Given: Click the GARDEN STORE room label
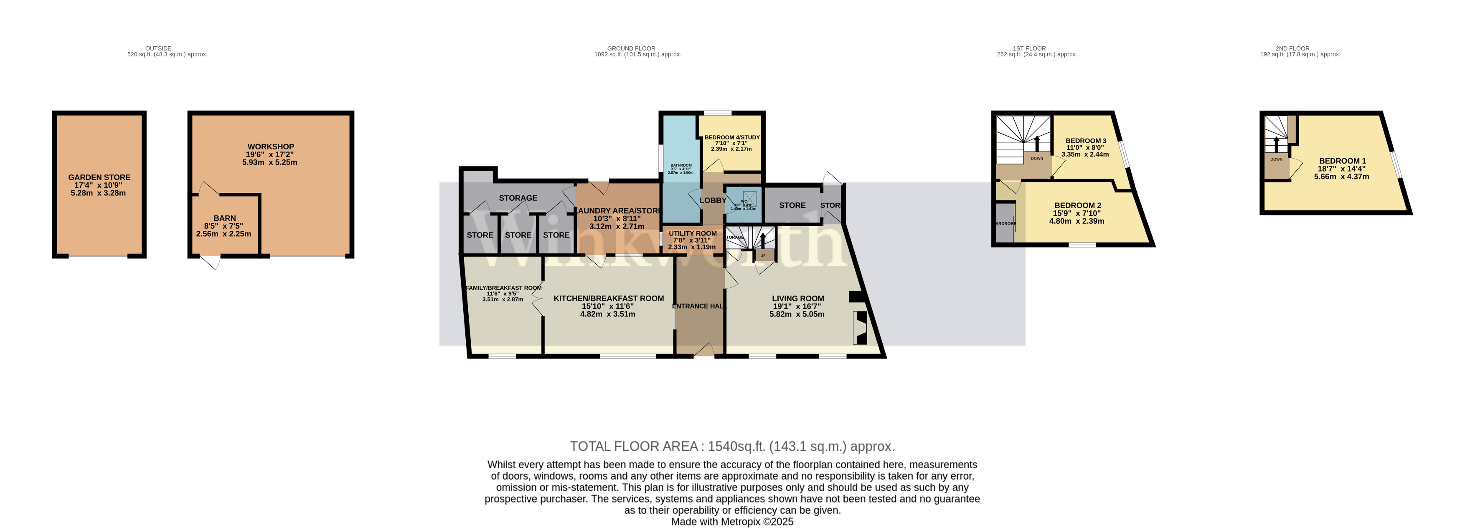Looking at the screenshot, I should [99, 177].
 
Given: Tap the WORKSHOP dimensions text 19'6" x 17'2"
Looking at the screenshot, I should [270, 154].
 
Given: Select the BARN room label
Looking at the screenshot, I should [225, 218].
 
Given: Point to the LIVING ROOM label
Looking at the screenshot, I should [797, 298].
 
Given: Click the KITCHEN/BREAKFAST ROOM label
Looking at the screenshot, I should [609, 298].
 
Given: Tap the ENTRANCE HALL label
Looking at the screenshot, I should [699, 306].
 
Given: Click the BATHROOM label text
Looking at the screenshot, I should [681, 165].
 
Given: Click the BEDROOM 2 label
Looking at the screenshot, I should [1077, 206].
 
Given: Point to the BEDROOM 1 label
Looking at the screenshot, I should [1342, 161].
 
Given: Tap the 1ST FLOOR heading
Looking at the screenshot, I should [1029, 48].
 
